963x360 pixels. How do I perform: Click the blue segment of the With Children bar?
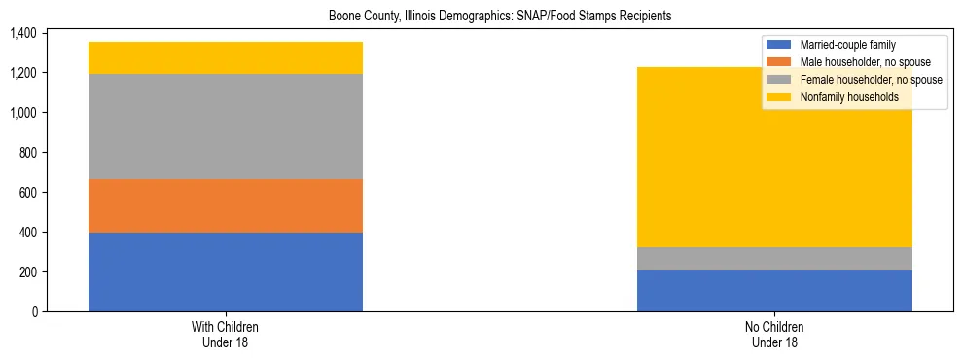(x=225, y=271)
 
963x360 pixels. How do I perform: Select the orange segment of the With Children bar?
(x=225, y=205)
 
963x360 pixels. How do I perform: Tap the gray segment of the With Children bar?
(x=225, y=126)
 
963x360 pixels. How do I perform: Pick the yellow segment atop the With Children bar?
(x=225, y=57)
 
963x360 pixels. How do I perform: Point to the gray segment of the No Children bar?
(x=774, y=259)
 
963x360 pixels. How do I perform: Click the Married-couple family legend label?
(x=847, y=45)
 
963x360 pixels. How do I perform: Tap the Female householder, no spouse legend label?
(x=871, y=80)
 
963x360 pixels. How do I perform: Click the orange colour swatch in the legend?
(x=779, y=62)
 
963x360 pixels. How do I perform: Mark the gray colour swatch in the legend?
(x=779, y=80)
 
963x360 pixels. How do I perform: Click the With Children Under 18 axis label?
(x=225, y=334)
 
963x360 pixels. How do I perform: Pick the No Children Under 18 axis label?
(x=774, y=334)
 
